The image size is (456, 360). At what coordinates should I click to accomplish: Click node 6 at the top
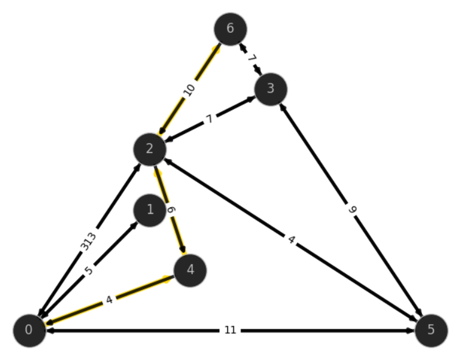(x=230, y=29)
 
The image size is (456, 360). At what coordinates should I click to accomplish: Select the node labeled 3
(x=271, y=89)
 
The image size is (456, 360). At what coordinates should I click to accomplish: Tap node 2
(x=150, y=149)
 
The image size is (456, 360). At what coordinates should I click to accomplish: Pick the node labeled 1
(x=150, y=210)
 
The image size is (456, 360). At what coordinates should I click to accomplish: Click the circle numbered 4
(x=190, y=270)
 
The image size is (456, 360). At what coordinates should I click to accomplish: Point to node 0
(x=29, y=331)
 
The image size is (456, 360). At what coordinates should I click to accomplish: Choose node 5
(x=431, y=331)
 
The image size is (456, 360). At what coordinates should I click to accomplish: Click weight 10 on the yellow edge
(x=189, y=90)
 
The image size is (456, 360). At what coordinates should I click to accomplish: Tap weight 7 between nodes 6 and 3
(x=252, y=58)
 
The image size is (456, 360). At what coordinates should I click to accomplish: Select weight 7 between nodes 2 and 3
(x=209, y=119)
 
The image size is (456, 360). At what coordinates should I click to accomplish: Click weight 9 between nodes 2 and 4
(x=172, y=210)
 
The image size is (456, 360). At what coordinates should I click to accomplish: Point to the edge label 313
(x=88, y=242)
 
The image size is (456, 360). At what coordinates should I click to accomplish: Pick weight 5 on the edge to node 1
(x=89, y=270)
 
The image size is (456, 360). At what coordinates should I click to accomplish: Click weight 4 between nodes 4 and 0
(x=109, y=300)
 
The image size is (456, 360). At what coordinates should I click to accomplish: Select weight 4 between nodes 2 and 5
(x=292, y=240)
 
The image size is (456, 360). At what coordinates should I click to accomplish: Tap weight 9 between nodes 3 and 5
(x=352, y=210)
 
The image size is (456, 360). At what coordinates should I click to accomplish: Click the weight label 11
(x=230, y=330)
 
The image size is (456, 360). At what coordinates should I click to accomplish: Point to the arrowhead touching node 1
(x=135, y=225)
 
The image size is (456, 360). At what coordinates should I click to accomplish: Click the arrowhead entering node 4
(x=183, y=250)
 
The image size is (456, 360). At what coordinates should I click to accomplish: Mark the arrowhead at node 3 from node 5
(x=282, y=107)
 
